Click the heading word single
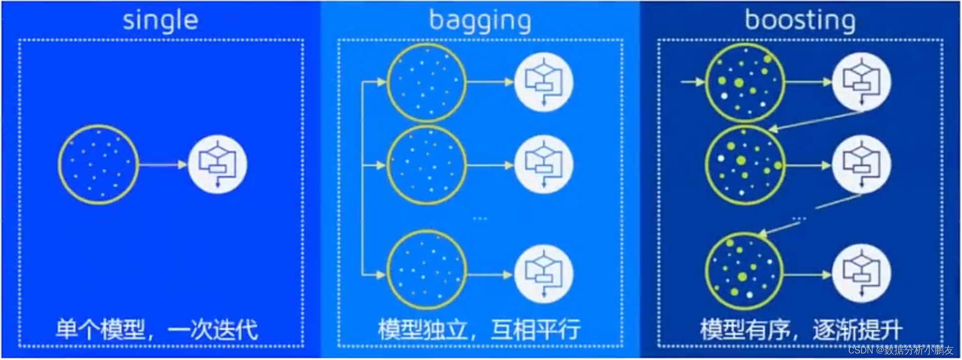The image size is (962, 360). pyautogui.click(x=160, y=21)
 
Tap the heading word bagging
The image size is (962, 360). pyautogui.click(x=480, y=21)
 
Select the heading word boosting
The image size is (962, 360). pyautogui.click(x=800, y=21)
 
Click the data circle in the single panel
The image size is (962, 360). pyautogui.click(x=98, y=164)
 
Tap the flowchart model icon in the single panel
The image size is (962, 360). pyautogui.click(x=218, y=164)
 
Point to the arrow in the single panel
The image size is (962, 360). pyautogui.click(x=162, y=164)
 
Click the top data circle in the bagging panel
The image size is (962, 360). pyautogui.click(x=427, y=82)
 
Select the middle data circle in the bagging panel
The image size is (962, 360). pyautogui.click(x=427, y=165)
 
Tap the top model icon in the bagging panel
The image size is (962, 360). pyautogui.click(x=544, y=82)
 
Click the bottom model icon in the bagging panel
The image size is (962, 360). pyautogui.click(x=544, y=274)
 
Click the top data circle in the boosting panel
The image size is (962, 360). pyautogui.click(x=745, y=82)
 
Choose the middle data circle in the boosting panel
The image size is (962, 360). pyautogui.click(x=745, y=165)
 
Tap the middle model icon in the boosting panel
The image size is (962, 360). pyautogui.click(x=861, y=165)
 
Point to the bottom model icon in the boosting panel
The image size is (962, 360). pyautogui.click(x=861, y=274)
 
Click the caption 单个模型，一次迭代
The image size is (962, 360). pyautogui.click(x=157, y=330)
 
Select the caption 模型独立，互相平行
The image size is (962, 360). pyautogui.click(x=479, y=330)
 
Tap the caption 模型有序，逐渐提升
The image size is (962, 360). pyautogui.click(x=801, y=330)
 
